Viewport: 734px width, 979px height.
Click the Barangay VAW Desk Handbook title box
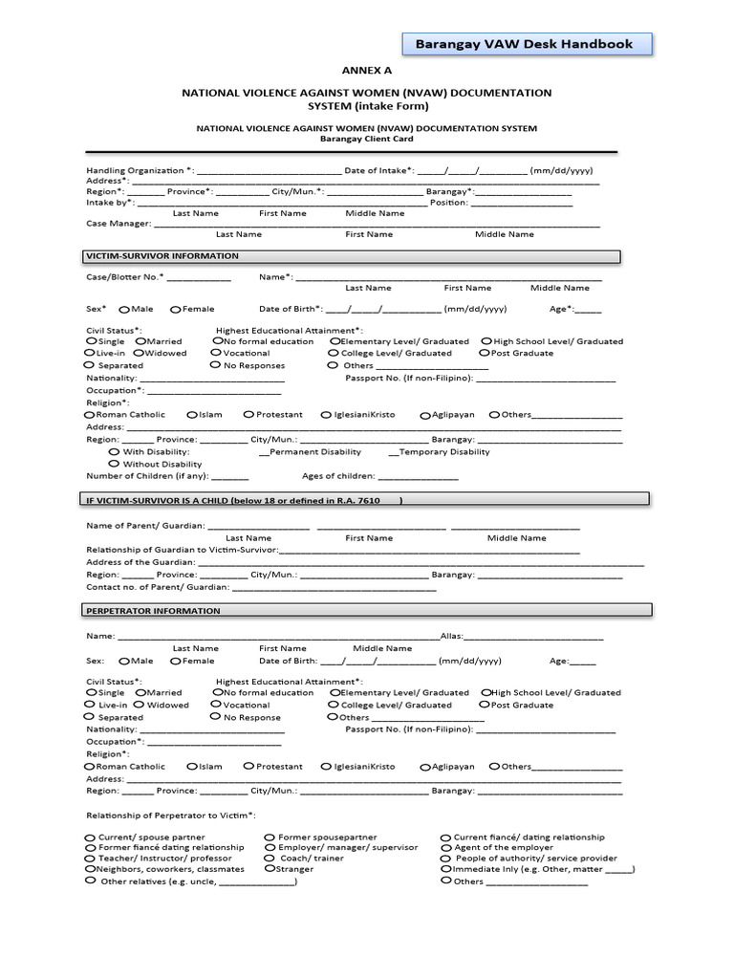point(524,44)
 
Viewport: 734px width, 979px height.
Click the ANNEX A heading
point(367,71)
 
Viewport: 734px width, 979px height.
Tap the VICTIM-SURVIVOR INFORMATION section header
point(162,256)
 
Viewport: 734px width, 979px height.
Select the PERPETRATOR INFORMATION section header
point(153,610)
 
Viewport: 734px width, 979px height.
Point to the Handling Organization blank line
point(269,171)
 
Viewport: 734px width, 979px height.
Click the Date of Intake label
point(378,170)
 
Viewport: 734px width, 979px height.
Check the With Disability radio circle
point(115,451)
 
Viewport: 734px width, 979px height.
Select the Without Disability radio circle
point(115,464)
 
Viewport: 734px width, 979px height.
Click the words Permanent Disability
point(316,452)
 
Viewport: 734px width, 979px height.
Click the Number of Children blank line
point(229,476)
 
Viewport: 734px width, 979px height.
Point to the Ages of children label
point(337,476)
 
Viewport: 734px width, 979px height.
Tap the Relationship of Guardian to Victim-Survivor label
point(182,550)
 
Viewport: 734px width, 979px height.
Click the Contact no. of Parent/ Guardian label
point(158,587)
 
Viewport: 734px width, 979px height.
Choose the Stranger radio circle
point(270,869)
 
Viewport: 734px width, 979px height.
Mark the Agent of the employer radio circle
point(446,847)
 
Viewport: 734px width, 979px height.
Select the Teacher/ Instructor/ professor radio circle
point(91,858)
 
